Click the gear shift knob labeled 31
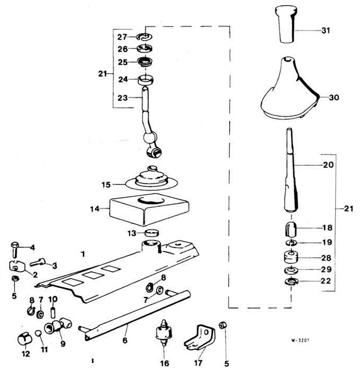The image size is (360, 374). click(286, 24)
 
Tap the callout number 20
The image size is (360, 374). click(328, 165)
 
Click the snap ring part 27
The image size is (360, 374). click(145, 37)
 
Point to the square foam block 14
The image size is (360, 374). click(149, 209)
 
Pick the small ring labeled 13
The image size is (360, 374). click(152, 232)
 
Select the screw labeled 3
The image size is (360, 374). click(38, 262)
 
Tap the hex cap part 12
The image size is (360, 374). click(25, 339)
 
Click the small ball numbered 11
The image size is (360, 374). click(39, 333)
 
